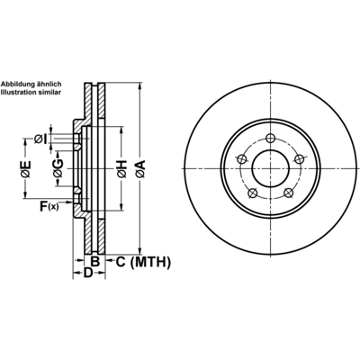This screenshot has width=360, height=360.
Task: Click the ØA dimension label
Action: point(140,168)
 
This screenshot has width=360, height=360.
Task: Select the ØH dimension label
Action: point(121,169)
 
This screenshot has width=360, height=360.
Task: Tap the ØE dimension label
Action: point(25,169)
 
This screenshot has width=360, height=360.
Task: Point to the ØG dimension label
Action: point(58,169)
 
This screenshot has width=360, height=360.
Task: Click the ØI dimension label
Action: point(40,139)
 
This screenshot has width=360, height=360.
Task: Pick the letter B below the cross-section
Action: point(94,262)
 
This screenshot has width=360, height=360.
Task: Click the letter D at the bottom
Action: point(87,273)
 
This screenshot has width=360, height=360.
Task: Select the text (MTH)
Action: point(151,262)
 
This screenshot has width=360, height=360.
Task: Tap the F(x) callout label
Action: point(49,206)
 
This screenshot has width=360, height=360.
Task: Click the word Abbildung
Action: point(13,85)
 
